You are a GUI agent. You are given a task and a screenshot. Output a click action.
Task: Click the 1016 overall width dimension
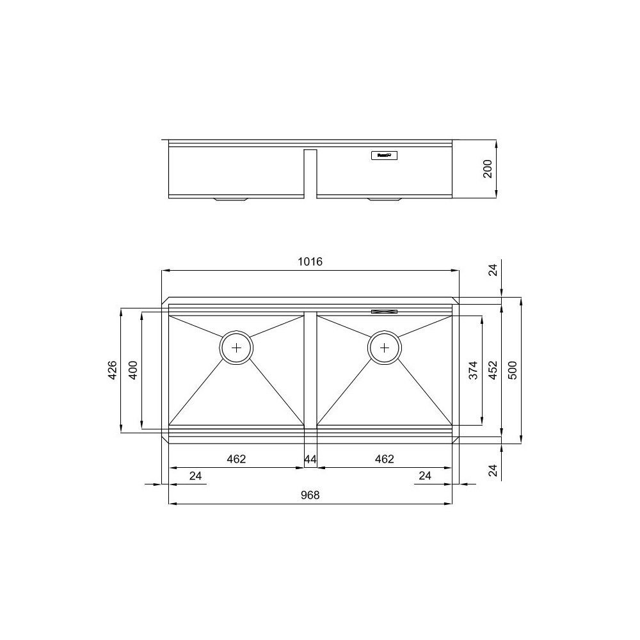point(310,262)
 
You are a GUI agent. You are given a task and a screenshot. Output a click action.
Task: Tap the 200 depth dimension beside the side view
point(487,168)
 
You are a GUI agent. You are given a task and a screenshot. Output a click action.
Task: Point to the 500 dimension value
point(511,370)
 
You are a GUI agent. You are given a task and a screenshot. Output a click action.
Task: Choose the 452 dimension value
point(492,370)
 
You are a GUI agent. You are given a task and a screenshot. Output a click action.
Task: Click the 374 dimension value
point(474,370)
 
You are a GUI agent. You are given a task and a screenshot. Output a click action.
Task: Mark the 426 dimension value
point(111,370)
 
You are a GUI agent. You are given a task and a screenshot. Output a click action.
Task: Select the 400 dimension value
point(132,370)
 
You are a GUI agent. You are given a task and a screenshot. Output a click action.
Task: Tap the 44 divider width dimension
point(310,459)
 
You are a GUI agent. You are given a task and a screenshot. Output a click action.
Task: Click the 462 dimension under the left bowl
point(236,459)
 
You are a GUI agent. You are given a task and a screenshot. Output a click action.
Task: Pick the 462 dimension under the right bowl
point(384,459)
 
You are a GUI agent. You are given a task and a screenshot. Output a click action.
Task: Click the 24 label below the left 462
point(196,476)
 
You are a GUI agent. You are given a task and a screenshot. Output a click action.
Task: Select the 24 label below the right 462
point(425,476)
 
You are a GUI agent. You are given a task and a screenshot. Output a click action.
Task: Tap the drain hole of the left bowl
point(237,348)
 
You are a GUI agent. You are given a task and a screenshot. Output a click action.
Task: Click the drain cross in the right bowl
point(385,348)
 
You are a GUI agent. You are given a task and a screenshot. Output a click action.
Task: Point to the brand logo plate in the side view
point(385,155)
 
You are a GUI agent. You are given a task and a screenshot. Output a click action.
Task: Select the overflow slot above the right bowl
point(385,312)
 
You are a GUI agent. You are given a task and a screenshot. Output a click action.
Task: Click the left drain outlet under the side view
point(231,199)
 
